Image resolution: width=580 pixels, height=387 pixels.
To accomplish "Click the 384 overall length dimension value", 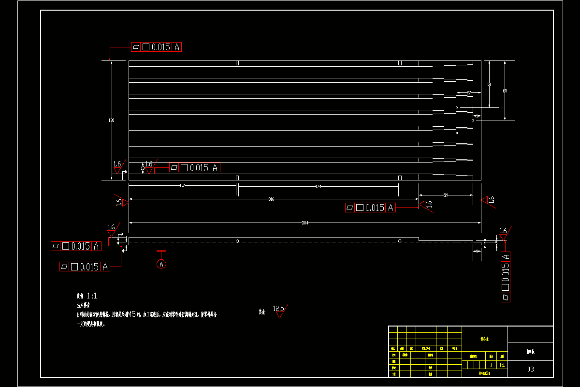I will tap(304, 223).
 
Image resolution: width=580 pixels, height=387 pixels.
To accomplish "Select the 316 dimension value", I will tap(271, 199).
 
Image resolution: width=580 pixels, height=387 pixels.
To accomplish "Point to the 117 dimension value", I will tap(183, 186).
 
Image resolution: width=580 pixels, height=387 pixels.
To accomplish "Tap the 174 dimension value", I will tap(318, 186).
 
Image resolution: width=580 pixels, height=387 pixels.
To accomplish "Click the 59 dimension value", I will tap(446, 195).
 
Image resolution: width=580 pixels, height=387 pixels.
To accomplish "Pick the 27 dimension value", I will tap(468, 92).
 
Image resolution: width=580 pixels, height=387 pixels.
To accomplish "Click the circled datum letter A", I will tap(161, 264).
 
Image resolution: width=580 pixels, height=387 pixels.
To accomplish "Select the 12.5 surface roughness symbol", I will tap(279, 310).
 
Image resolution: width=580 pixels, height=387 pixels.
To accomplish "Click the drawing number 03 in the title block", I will tap(530, 369).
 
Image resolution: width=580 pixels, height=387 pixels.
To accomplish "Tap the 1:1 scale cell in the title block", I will tap(502, 365).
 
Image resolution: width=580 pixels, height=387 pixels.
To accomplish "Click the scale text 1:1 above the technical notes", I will tap(92, 296).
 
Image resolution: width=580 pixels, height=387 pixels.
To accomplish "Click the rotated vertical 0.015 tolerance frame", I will tap(505, 277).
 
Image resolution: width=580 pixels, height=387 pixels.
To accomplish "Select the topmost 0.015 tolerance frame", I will tap(156, 47).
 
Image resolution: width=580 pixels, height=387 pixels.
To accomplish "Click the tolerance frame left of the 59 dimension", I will tap(371, 208).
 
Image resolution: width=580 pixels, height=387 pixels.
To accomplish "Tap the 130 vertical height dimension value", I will tap(112, 120).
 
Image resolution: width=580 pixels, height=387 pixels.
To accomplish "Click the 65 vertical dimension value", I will tap(505, 90).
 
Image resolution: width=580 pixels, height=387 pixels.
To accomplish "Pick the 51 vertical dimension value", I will tap(489, 84).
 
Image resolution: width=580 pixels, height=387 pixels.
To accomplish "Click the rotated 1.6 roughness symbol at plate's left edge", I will tap(121, 202).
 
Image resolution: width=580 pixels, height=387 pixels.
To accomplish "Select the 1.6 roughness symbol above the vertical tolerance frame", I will tap(503, 233).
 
